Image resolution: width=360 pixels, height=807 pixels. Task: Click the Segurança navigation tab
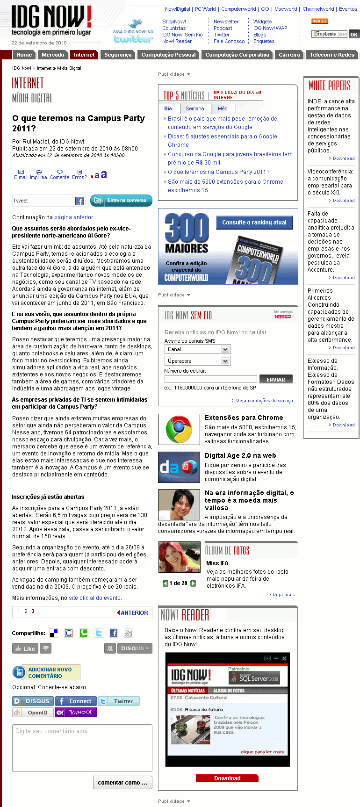(x=118, y=55)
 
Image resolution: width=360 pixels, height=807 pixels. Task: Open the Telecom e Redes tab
(x=332, y=55)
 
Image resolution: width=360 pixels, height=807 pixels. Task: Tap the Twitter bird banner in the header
(x=133, y=31)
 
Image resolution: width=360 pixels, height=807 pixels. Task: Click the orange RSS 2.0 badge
(x=320, y=21)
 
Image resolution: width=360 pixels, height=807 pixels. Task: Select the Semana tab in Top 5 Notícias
(x=194, y=108)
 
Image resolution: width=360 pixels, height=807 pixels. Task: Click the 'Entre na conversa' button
(x=122, y=200)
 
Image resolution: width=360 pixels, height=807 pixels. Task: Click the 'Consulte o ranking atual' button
(x=254, y=222)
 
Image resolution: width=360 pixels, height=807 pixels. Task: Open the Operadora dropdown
(x=197, y=361)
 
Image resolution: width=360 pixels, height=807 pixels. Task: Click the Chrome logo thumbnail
(x=179, y=430)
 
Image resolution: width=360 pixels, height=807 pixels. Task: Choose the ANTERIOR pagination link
(x=133, y=612)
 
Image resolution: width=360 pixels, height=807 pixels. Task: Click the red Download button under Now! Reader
(x=227, y=778)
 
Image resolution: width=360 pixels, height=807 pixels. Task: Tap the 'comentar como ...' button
(x=122, y=782)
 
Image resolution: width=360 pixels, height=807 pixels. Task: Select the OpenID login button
(x=33, y=713)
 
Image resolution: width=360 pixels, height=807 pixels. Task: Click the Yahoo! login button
(x=76, y=713)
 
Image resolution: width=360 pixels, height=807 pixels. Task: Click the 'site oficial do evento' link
(x=94, y=598)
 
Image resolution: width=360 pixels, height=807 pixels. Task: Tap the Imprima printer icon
(x=38, y=172)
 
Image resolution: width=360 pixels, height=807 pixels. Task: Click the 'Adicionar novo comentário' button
(x=46, y=672)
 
